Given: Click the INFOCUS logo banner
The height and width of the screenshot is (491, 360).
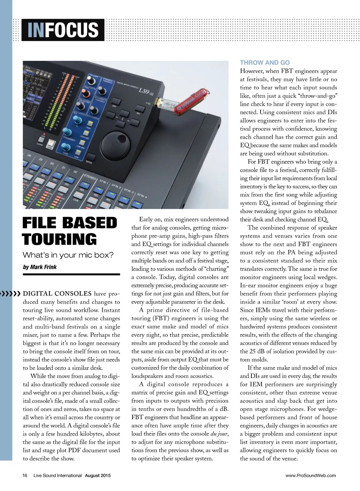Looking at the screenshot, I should pyautogui.click(x=63, y=30).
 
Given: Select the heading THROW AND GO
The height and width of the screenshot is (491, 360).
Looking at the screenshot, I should pyautogui.click(x=265, y=63).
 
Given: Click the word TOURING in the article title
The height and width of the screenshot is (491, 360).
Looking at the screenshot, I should pyautogui.click(x=59, y=240).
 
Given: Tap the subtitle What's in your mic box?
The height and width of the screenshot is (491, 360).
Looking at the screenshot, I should pyautogui.click(x=68, y=255).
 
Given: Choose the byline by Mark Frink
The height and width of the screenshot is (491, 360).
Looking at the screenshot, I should pyautogui.click(x=40, y=267).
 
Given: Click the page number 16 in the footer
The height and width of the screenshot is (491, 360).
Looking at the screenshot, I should pyautogui.click(x=25, y=476).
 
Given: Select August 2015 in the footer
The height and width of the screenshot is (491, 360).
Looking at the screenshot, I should pyautogui.click(x=98, y=476).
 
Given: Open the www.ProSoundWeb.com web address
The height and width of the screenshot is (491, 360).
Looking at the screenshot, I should pyautogui.click(x=310, y=476).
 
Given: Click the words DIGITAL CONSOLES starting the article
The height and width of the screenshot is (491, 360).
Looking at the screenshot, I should pyautogui.click(x=57, y=294).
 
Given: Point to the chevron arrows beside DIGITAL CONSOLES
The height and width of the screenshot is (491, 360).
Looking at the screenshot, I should pyautogui.click(x=11, y=293).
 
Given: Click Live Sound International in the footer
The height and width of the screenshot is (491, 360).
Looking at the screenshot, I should pyautogui.click(x=58, y=476).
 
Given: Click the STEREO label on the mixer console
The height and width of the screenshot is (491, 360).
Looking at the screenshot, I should pyautogui.click(x=90, y=177).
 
